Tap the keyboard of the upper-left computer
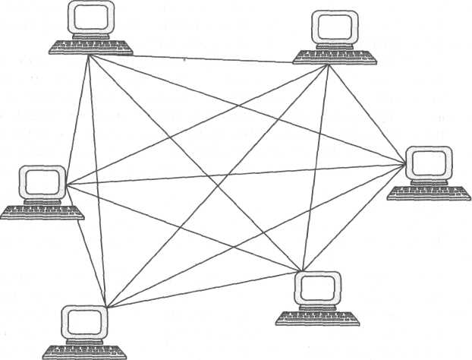pyautogui.click(x=90, y=48)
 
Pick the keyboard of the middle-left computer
pyautogui.click(x=42, y=212)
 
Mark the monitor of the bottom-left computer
pyautogui.click(x=83, y=322)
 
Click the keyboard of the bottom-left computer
pyautogui.click(x=83, y=352)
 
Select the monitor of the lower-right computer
pyautogui.click(x=316, y=287)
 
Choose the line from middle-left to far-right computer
pyautogui.click(x=235, y=174)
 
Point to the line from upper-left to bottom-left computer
pyautogui.click(x=97, y=182)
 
